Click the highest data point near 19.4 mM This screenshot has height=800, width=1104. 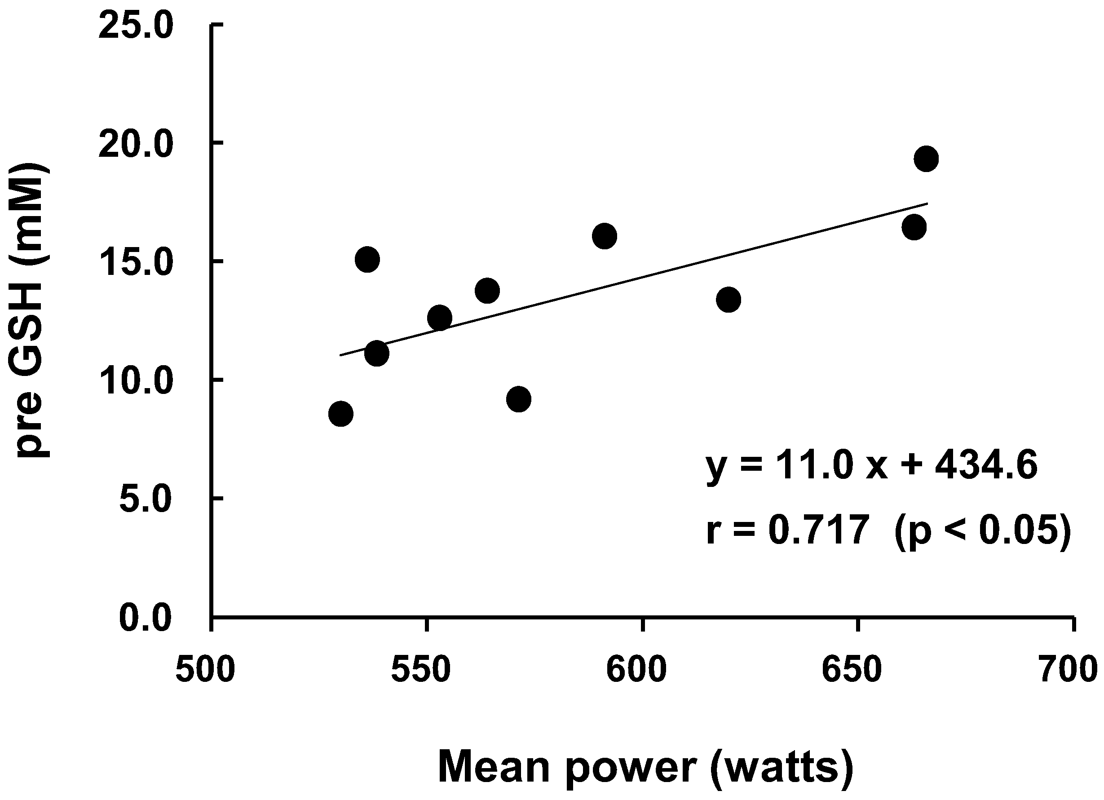926,158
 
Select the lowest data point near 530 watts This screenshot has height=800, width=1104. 341,414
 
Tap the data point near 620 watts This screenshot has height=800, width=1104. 728,300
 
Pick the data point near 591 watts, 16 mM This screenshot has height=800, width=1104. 605,236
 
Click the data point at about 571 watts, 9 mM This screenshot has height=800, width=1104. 518,399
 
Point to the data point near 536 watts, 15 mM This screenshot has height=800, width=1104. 367,259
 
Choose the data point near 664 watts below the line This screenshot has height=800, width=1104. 914,227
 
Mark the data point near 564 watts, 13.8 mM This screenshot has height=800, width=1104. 487,291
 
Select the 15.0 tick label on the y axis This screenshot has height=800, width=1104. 135,263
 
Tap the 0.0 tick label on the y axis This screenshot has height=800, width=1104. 146,619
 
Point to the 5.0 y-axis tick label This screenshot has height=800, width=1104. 146,499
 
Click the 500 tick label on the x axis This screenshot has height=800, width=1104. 205,671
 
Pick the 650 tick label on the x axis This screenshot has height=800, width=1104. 852,671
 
